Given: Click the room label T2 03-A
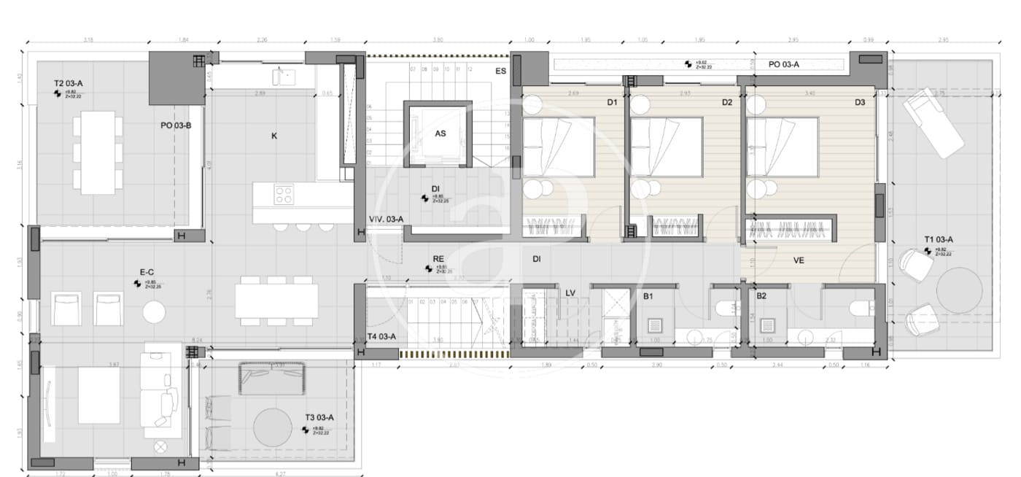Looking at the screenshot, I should click(x=69, y=84).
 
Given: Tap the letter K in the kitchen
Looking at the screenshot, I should click(x=274, y=136).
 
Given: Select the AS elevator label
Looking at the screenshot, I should click(x=440, y=133).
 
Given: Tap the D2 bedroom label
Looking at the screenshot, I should click(x=726, y=103).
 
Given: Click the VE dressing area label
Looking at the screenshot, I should click(x=799, y=259).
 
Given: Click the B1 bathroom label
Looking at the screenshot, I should click(x=648, y=296).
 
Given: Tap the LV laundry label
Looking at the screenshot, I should click(x=570, y=293).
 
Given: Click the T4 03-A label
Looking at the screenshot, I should click(x=381, y=336).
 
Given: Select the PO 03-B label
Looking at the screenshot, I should click(x=176, y=125).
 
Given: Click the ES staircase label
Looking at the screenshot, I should click(x=501, y=71).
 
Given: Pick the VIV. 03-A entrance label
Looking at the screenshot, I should click(x=386, y=219).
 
